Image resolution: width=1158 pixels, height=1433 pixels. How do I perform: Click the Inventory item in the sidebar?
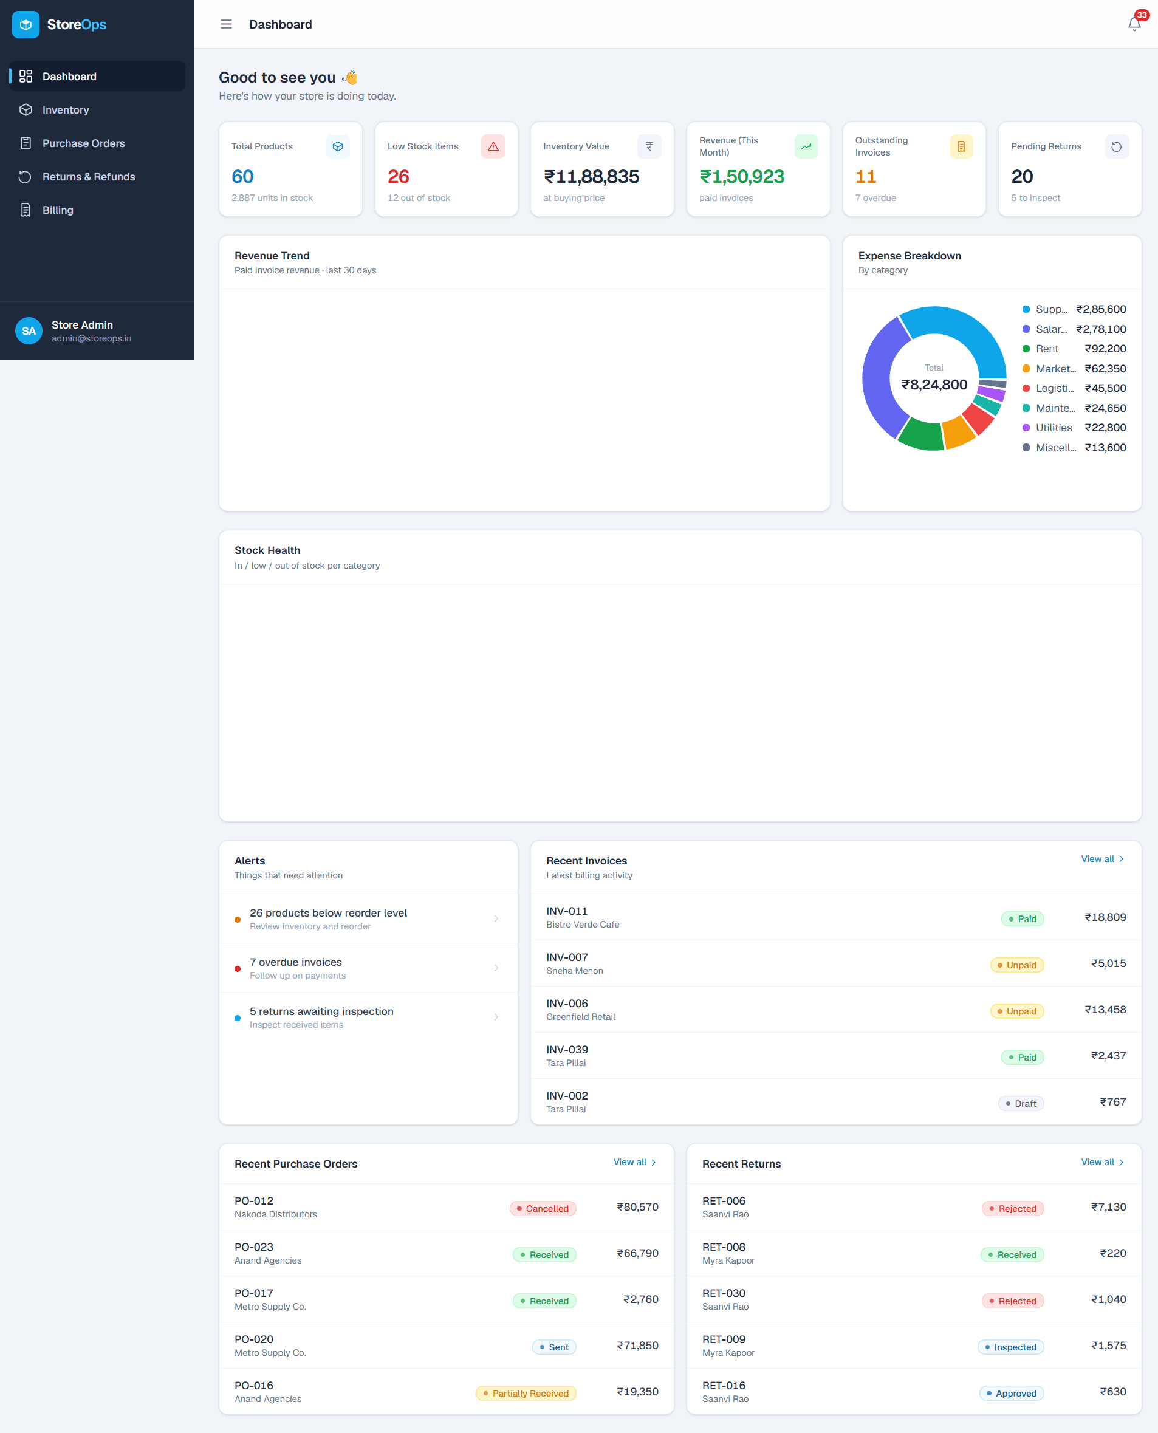pyautogui.click(x=66, y=110)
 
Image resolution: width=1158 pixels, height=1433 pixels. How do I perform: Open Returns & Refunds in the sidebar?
pyautogui.click(x=89, y=177)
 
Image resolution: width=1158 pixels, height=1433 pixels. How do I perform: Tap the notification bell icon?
pyautogui.click(x=1134, y=25)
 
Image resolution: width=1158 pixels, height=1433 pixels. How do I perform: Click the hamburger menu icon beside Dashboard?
pyautogui.click(x=226, y=25)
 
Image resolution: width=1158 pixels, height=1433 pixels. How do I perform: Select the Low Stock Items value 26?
pyautogui.click(x=398, y=177)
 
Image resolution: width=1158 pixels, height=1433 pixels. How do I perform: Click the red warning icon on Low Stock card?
pyautogui.click(x=493, y=146)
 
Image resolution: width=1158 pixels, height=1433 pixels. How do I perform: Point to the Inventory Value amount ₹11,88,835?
pyautogui.click(x=592, y=177)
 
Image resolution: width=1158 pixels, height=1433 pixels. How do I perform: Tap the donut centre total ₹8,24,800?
pyautogui.click(x=934, y=385)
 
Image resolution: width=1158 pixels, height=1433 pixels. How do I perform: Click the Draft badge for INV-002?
pyautogui.click(x=1021, y=1104)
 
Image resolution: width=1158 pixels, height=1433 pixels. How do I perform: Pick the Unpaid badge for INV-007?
pyautogui.click(x=1016, y=965)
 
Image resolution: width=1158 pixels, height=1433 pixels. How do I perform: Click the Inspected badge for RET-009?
pyautogui.click(x=1010, y=1347)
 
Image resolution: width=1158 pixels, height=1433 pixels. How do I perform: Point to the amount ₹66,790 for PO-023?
pyautogui.click(x=637, y=1253)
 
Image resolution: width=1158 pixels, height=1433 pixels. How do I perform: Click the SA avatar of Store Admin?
pyautogui.click(x=29, y=330)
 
